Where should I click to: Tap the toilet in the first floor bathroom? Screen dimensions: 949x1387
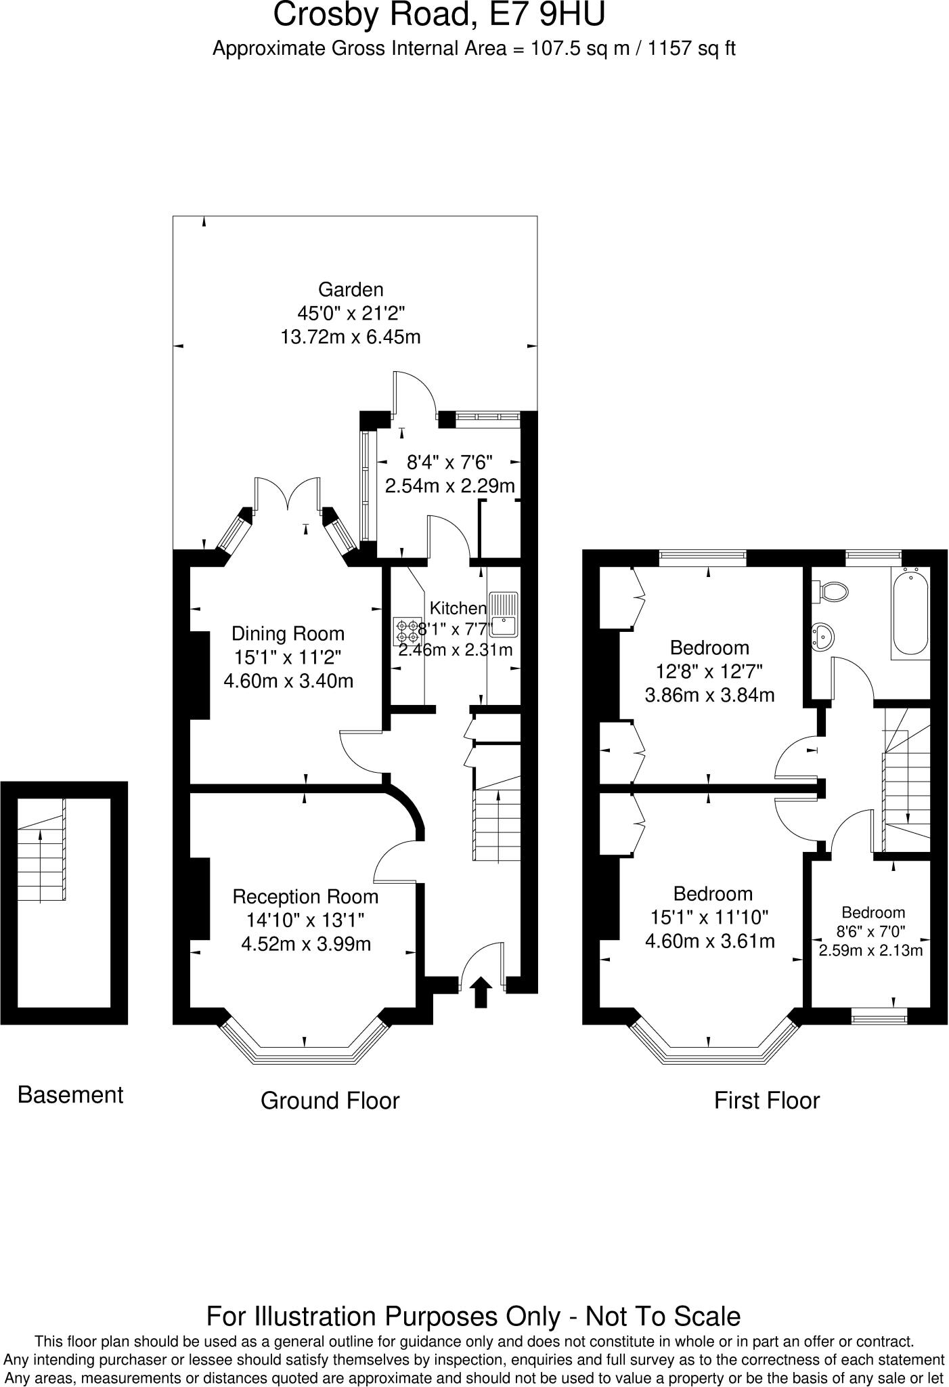[x=833, y=591]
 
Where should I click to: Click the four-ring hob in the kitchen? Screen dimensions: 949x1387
[x=407, y=631]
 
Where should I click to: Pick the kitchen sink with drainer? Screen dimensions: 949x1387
[x=504, y=614]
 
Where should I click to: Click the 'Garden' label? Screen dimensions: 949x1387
[x=351, y=290]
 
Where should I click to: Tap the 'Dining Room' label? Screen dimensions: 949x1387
[x=288, y=634]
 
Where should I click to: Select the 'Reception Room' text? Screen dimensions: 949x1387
[x=305, y=897]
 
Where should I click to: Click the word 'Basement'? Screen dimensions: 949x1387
[x=70, y=1095]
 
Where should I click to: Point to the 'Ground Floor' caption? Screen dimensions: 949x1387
[x=330, y=1101]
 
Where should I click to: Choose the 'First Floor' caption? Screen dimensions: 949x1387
[x=767, y=1101]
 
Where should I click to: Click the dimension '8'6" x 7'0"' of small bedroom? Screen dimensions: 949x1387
[x=873, y=931]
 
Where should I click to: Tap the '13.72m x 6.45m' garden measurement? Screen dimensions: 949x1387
[x=351, y=337]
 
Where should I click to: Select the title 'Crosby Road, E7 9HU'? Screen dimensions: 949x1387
[x=439, y=15]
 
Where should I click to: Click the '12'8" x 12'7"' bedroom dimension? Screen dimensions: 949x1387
[x=709, y=672]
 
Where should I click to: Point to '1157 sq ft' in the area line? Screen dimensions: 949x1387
[x=692, y=49]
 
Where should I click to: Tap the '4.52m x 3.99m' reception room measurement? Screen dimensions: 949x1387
[x=306, y=943]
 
